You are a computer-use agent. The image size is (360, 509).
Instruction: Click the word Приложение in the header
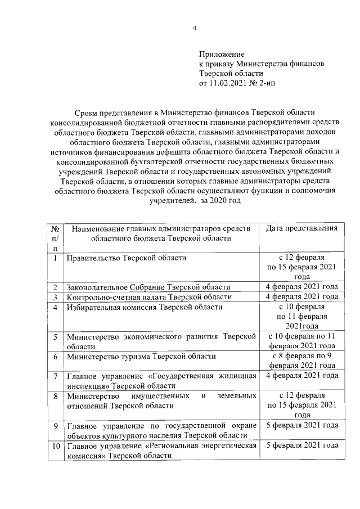(221, 55)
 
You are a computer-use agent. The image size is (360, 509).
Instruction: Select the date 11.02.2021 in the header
(227, 83)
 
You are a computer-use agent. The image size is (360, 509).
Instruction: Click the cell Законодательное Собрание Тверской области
(148, 287)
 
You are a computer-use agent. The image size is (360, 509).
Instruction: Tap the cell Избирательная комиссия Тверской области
(145, 307)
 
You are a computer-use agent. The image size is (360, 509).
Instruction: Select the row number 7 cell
(55, 376)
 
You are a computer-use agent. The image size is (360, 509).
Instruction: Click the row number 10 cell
(55, 445)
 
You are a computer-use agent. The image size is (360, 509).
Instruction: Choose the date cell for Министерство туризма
(301, 361)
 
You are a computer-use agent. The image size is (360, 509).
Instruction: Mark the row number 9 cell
(55, 425)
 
